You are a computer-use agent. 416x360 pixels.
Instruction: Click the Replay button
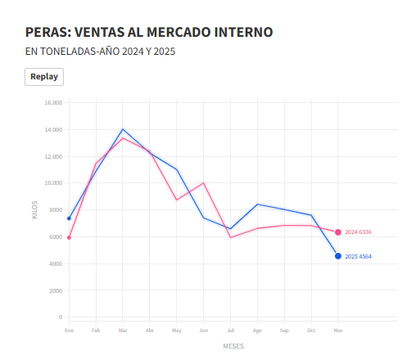44,76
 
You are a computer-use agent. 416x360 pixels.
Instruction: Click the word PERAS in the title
47,32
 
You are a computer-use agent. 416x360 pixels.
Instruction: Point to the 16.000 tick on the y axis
52,103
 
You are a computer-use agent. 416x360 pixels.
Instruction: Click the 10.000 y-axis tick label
52,183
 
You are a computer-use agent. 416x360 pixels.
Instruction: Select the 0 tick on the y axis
60,317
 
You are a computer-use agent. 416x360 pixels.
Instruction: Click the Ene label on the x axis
69,330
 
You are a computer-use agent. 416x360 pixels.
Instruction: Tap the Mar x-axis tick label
123,330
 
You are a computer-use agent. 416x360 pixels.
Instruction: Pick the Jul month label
230,330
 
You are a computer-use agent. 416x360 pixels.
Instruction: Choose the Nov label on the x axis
338,330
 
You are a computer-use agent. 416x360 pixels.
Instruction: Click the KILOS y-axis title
34,209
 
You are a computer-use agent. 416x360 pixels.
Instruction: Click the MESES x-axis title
233,346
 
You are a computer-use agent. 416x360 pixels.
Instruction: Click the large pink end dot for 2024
338,232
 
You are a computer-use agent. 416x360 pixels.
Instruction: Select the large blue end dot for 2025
338,256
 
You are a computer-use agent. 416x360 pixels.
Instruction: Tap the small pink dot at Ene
69,238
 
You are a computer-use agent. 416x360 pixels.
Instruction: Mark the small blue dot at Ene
69,218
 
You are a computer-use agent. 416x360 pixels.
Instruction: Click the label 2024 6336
359,232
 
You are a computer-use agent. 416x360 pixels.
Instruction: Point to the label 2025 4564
359,257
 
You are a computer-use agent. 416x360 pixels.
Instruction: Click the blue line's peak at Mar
123,129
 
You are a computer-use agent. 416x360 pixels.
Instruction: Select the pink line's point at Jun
203,182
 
